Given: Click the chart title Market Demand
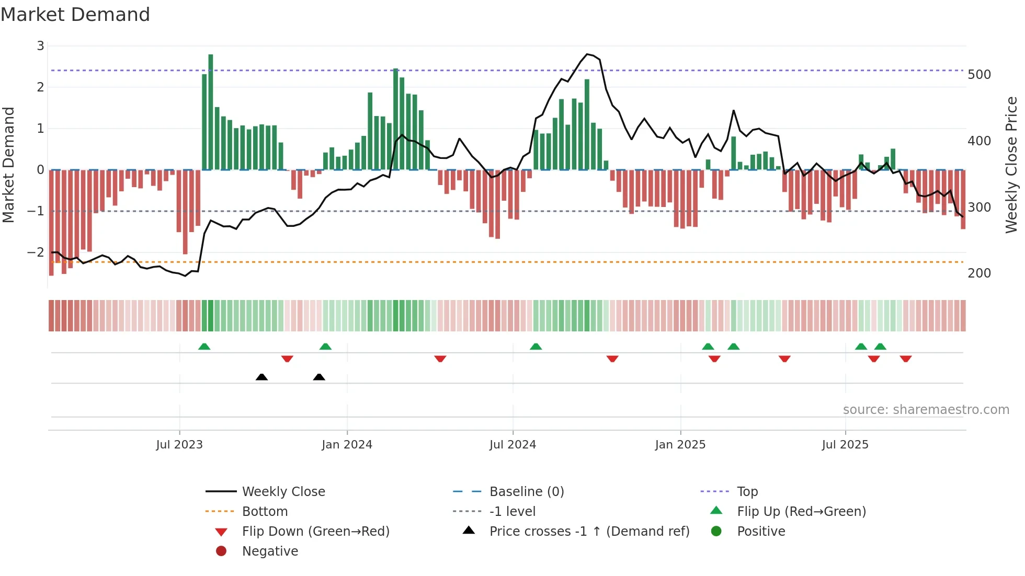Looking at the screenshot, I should [75, 15].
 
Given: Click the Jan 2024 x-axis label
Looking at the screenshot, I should [347, 445].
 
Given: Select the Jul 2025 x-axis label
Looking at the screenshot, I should [845, 445].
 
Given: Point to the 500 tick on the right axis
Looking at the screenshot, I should [979, 75].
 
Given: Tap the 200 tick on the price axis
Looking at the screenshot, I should [979, 273].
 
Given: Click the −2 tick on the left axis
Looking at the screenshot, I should [36, 252].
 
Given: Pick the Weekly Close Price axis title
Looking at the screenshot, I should [1011, 165].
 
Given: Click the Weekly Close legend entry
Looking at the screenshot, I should [283, 492].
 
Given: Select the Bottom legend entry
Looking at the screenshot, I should [265, 512].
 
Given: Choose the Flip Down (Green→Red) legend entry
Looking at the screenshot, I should [315, 532].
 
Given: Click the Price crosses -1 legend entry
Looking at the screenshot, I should [589, 532].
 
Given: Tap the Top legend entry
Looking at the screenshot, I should [747, 492].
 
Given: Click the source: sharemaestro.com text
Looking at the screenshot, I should [926, 410].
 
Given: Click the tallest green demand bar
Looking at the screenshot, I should [211, 112].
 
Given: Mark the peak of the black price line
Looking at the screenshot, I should [588, 54].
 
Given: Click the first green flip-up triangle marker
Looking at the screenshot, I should [204, 347].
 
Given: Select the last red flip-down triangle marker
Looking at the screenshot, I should [906, 359].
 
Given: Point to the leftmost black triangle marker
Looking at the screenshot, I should [261, 377].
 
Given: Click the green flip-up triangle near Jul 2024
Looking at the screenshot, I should [536, 347].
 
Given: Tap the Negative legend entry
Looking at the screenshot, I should [270, 551].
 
